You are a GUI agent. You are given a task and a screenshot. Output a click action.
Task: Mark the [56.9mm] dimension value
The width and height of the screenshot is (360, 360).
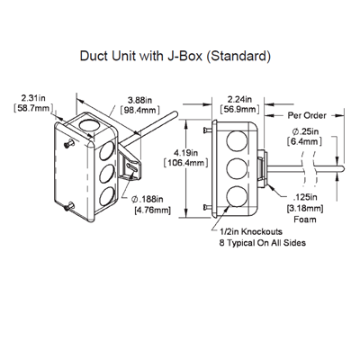[x=238, y=112]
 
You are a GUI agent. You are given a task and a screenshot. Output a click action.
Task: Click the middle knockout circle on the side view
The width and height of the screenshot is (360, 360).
[x=236, y=167]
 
